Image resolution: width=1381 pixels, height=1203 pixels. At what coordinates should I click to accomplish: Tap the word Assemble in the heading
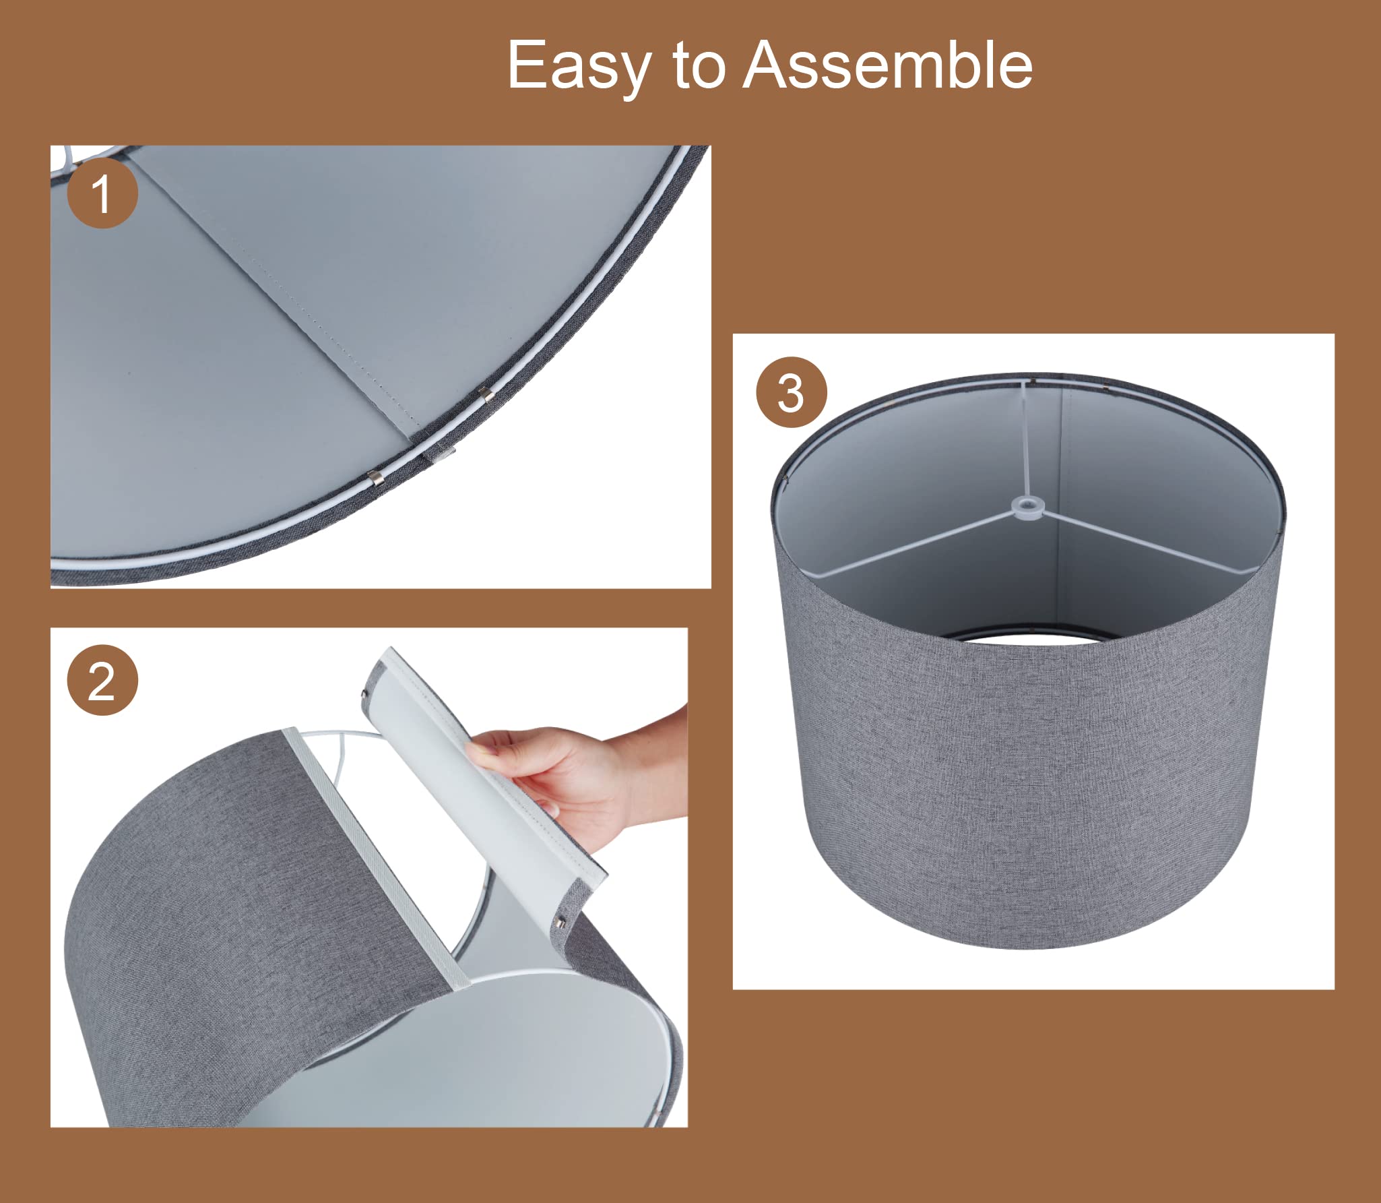(888, 65)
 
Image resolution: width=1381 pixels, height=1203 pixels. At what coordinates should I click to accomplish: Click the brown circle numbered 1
(102, 195)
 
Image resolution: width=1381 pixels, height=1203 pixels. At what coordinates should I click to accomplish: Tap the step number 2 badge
(102, 681)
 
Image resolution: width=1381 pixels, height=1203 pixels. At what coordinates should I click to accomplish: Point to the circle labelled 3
(791, 392)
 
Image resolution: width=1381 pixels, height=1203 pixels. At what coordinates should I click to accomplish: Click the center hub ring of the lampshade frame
(1026, 505)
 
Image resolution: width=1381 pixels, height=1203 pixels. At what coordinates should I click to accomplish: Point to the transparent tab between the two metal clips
(440, 453)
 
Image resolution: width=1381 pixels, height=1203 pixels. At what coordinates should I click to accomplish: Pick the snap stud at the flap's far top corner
(364, 693)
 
